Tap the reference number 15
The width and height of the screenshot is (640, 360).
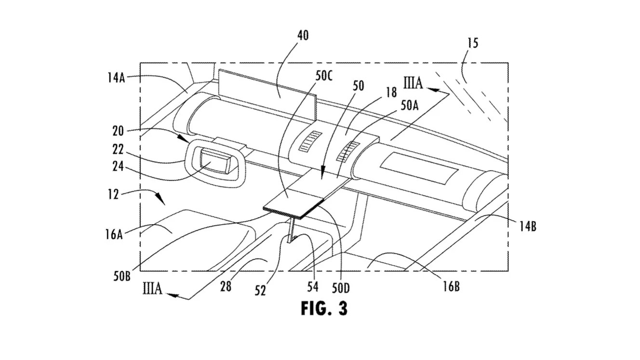coord(473,43)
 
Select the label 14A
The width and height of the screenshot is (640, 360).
coord(116,77)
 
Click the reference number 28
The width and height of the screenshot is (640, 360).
coord(226,287)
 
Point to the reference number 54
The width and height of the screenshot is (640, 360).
coord(313,287)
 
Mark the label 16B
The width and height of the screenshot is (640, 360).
coord(451,287)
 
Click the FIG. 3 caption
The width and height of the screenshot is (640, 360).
coord(324,308)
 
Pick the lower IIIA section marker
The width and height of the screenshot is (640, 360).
coord(153,290)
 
